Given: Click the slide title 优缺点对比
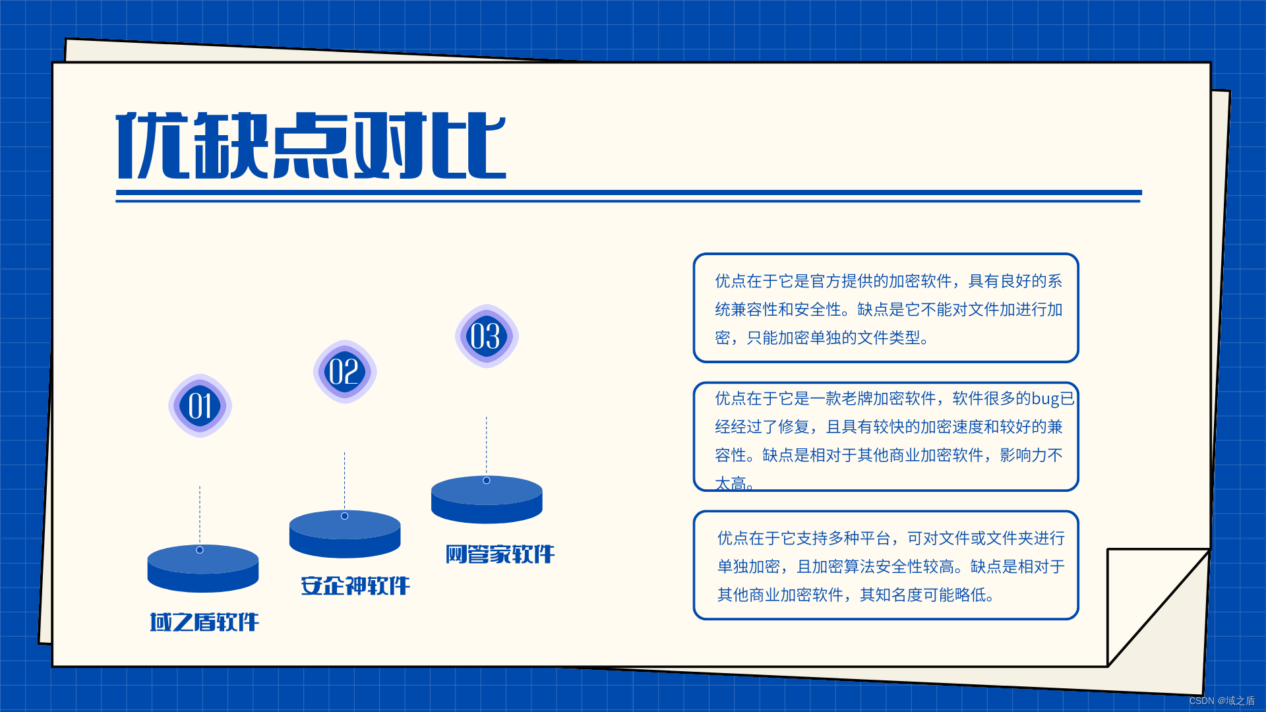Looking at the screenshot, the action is click(311, 145).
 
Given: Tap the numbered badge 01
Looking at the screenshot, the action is click(200, 405).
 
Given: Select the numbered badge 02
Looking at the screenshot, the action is click(344, 371).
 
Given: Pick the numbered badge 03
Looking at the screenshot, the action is click(487, 336).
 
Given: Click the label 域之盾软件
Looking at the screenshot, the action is click(204, 622).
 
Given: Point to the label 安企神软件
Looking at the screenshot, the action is click(355, 585).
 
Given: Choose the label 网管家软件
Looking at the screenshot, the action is click(500, 554).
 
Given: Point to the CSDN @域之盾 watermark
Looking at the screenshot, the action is click(1221, 701).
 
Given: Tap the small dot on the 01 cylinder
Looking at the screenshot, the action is click(200, 550).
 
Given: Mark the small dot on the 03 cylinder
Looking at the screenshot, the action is click(487, 481).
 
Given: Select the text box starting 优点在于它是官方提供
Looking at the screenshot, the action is click(886, 308).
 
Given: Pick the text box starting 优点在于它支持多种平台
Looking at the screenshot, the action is click(886, 566).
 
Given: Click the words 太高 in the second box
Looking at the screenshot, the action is click(731, 483).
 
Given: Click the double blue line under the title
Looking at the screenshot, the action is click(628, 196).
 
